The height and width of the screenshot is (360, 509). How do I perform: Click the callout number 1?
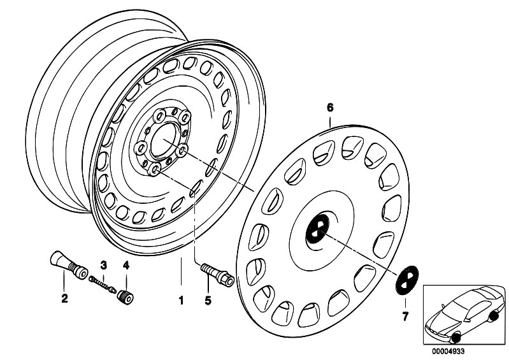180,298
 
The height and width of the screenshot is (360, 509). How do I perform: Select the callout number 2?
64,297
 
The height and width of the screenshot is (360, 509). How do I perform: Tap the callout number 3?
103,264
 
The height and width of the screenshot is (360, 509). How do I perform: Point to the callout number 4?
125,264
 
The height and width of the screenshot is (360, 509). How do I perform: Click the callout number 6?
330,108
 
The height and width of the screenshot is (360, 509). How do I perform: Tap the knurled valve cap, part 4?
125,295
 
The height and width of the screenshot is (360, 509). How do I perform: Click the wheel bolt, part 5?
217,275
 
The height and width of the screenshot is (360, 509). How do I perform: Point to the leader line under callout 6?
330,119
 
